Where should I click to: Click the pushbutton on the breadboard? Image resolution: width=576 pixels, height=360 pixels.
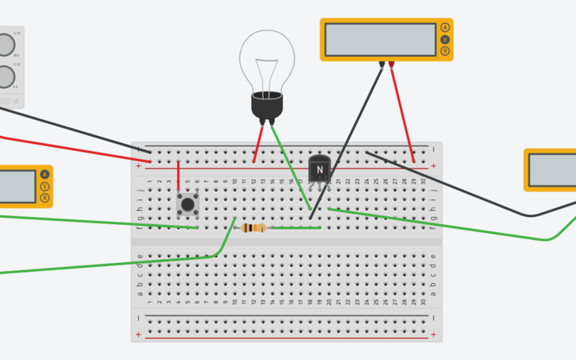[187, 205]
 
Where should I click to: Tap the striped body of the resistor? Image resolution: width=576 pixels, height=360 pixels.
[253, 228]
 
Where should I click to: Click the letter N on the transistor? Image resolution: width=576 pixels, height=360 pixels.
[319, 169]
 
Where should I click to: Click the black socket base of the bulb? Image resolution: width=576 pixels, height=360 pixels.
[267, 106]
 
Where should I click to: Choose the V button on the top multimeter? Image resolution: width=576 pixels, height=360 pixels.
[445, 40]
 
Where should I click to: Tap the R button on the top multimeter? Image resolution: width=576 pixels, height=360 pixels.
[445, 52]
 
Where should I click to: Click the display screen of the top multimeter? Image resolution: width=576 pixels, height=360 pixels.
[380, 40]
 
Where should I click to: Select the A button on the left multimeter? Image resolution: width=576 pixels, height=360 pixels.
[44, 175]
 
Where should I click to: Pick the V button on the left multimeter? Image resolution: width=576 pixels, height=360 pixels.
[44, 187]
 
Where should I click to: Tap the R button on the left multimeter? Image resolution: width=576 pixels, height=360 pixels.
[44, 198]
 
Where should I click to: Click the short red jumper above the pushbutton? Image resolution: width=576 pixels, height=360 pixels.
[178, 176]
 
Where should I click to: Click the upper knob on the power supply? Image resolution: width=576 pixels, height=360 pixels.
[5, 44]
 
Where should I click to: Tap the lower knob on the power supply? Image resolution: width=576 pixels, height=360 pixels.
[5, 77]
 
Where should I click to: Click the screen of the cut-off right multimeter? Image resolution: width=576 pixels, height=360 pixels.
[554, 170]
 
